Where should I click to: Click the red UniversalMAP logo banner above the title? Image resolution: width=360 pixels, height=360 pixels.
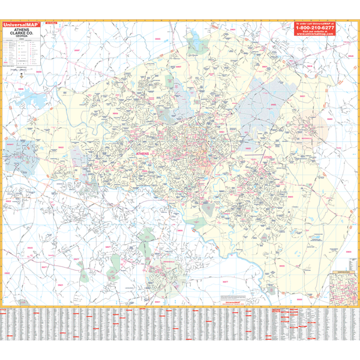(21, 24)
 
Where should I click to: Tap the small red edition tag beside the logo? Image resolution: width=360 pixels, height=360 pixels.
(47, 23)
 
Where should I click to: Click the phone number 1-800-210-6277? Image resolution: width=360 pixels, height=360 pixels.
(314, 28)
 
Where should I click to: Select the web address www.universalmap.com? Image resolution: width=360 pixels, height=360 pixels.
(314, 35)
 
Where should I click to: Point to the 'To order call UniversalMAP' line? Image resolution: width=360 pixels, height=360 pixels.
(314, 23)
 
